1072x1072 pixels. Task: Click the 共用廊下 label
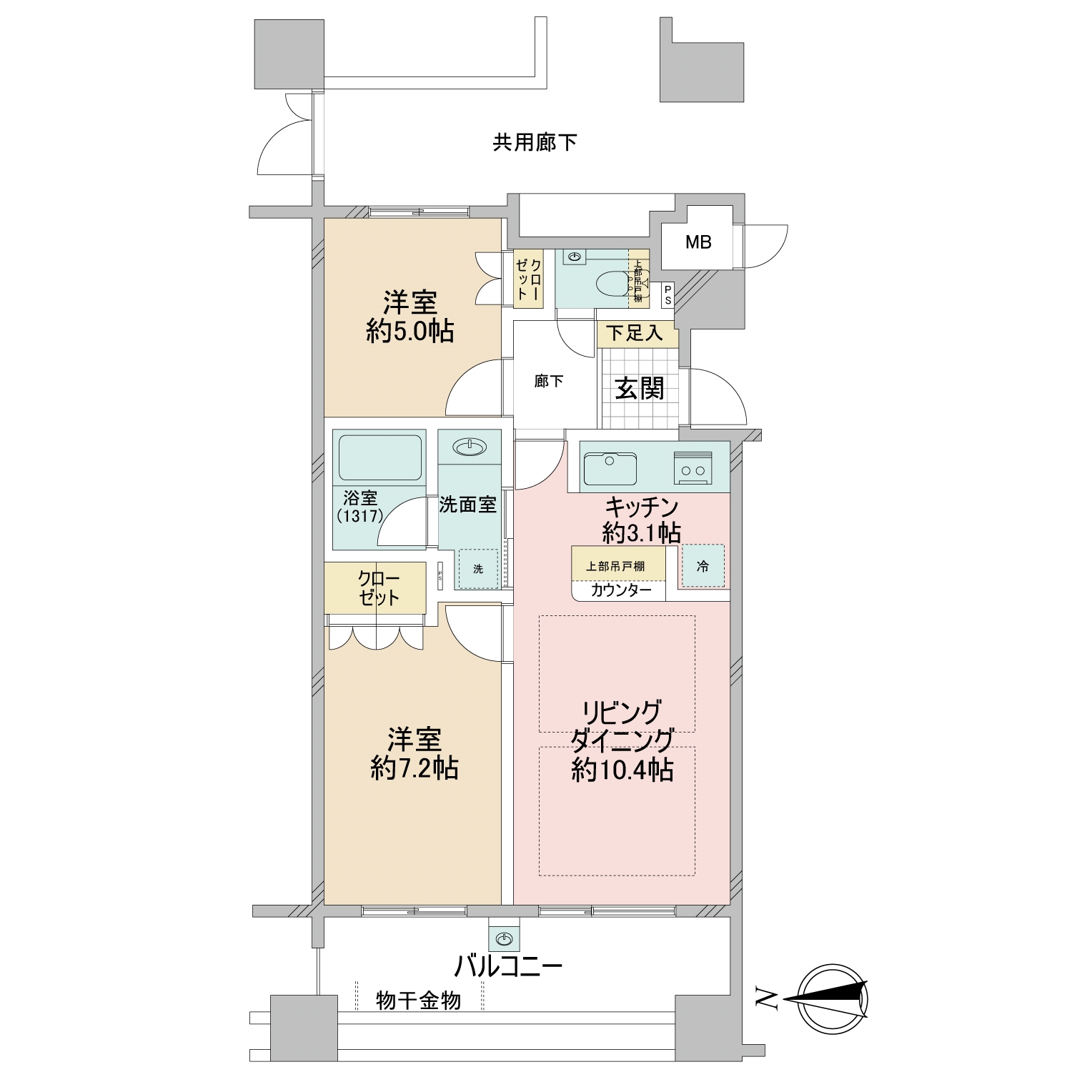click(535, 143)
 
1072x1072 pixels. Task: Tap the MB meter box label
click(698, 242)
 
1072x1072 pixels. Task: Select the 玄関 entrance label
click(640, 389)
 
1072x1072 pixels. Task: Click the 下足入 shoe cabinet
click(635, 333)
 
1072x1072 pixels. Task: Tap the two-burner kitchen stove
click(693, 469)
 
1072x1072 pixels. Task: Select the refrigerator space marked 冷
click(703, 566)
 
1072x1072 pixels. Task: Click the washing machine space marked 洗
click(478, 569)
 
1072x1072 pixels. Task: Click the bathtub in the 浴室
click(379, 457)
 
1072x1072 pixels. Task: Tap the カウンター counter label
click(620, 590)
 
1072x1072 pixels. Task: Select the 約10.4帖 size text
click(622, 770)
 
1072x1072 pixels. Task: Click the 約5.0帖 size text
click(410, 332)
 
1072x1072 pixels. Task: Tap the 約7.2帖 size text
click(415, 768)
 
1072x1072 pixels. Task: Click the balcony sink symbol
click(505, 938)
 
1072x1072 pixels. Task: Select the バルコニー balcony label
click(509, 967)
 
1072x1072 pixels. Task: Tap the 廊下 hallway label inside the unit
click(549, 382)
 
